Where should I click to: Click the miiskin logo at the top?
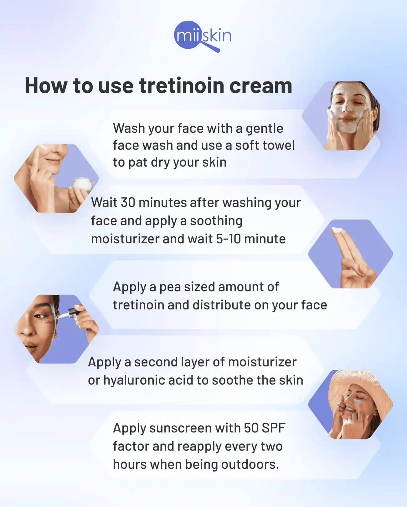[x=203, y=36]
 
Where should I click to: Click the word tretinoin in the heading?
[x=181, y=85]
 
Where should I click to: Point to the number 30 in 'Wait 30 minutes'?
[x=127, y=203]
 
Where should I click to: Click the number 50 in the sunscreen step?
[x=251, y=428]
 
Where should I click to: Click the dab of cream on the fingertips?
[x=338, y=230]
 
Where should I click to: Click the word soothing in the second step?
[x=216, y=221]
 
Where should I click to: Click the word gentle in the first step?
[x=264, y=128]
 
